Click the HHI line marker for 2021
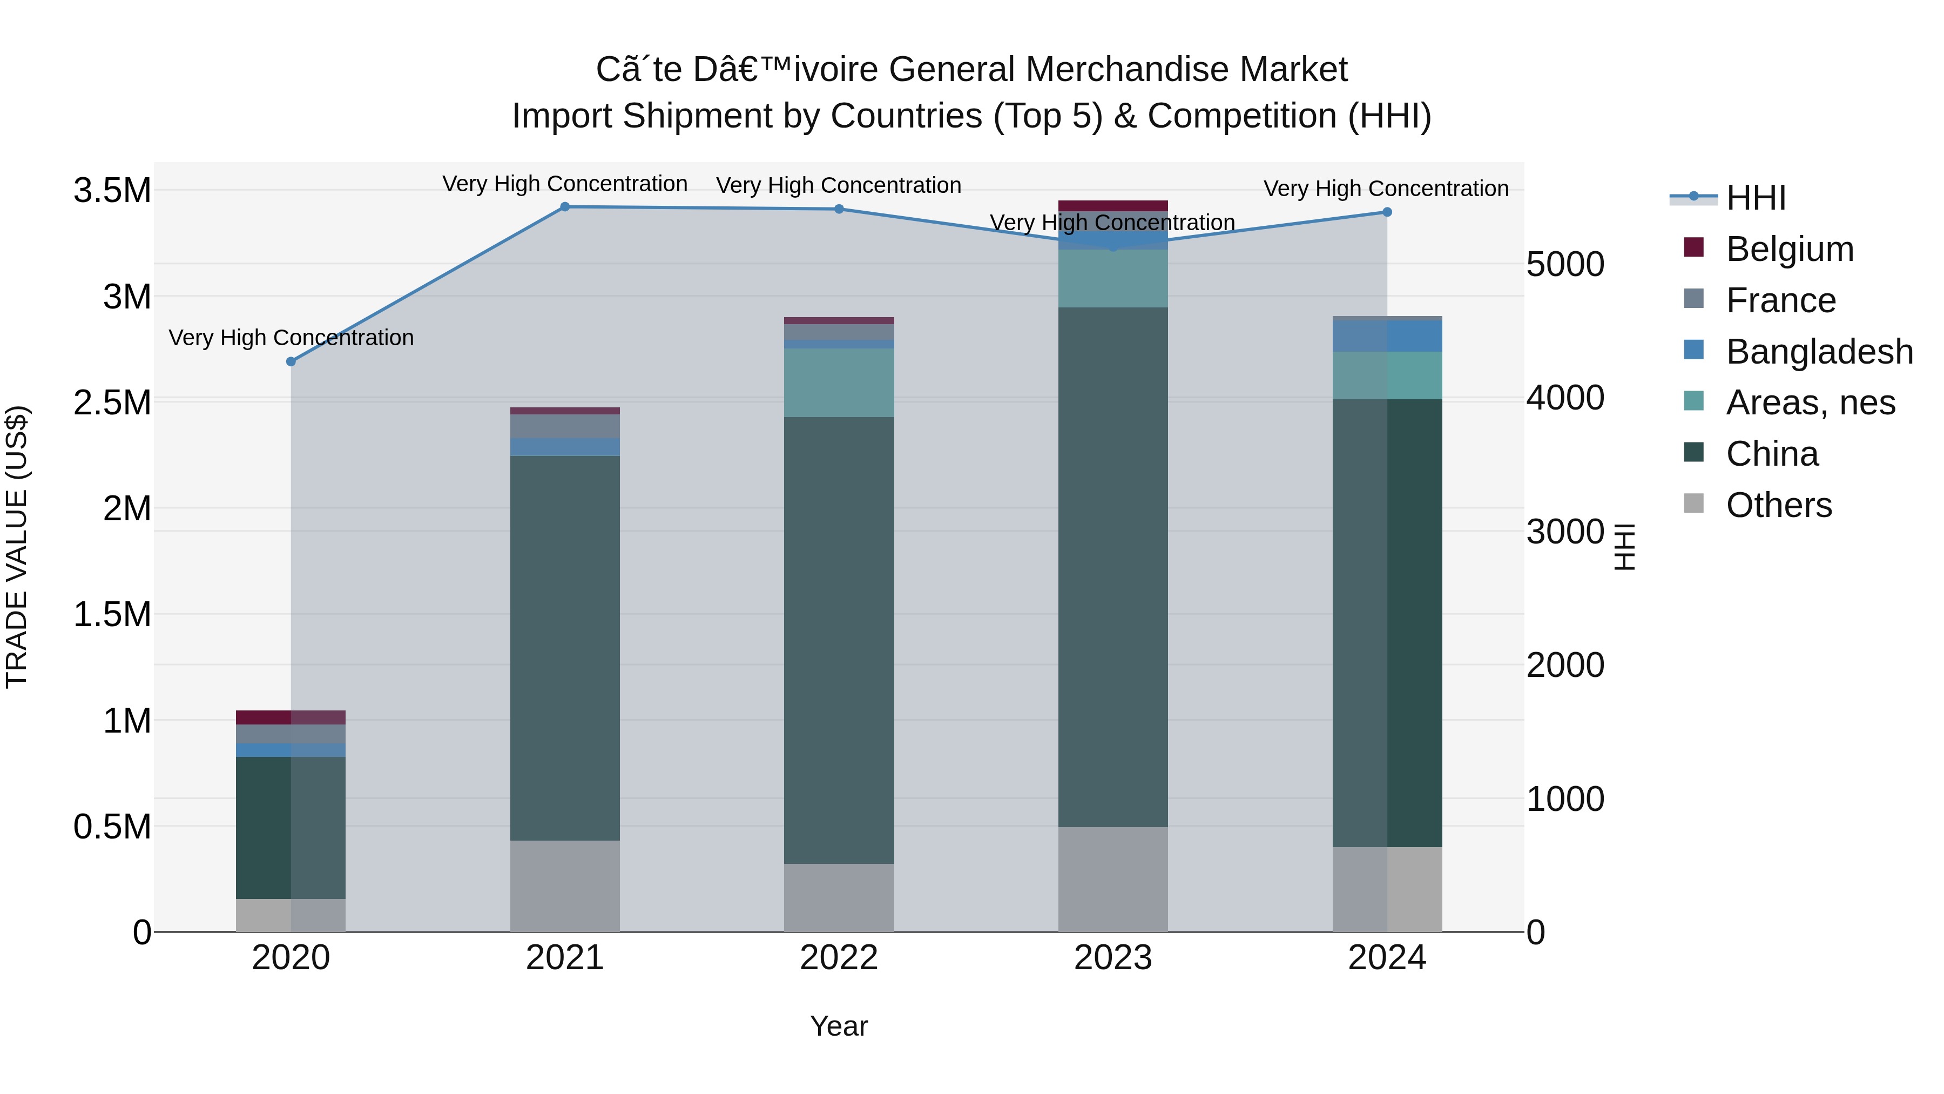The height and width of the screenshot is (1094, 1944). pyautogui.click(x=564, y=207)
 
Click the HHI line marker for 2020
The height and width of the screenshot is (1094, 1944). pyautogui.click(x=291, y=361)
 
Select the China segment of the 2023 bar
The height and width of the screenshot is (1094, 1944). pyautogui.click(x=1113, y=566)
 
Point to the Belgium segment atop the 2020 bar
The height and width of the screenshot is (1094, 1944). pyautogui.click(x=291, y=717)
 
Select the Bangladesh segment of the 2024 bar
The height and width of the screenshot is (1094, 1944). pyautogui.click(x=1387, y=337)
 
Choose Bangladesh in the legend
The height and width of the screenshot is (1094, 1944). pyautogui.click(x=1819, y=352)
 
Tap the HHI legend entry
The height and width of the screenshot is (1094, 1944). pyautogui.click(x=1756, y=198)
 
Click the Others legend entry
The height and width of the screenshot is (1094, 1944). pyautogui.click(x=1778, y=505)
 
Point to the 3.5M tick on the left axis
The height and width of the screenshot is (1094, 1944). pyautogui.click(x=112, y=190)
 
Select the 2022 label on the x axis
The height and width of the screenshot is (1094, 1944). pyautogui.click(x=839, y=958)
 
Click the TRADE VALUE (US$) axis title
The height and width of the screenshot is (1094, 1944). pyautogui.click(x=17, y=547)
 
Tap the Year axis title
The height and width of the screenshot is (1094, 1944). pyautogui.click(x=839, y=1026)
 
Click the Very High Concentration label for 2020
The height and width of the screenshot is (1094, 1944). pyautogui.click(x=291, y=338)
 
